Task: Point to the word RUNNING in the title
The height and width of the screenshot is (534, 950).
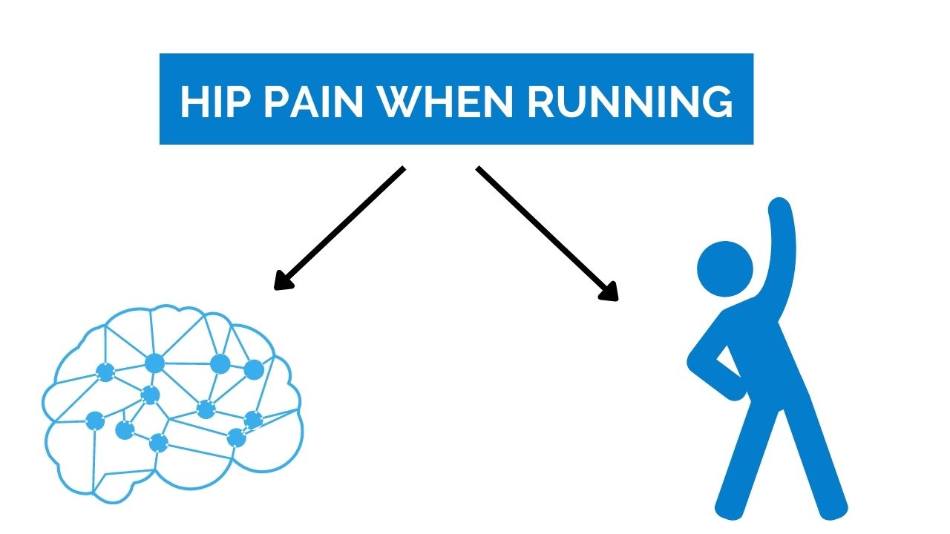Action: [x=630, y=102]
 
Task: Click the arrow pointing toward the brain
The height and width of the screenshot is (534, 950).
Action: [x=340, y=228]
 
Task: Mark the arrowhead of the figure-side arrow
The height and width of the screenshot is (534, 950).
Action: [x=611, y=294]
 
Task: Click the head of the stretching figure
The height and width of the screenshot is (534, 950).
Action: [x=725, y=268]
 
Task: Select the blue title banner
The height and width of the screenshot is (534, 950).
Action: [x=456, y=99]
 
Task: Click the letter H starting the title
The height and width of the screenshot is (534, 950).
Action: [x=192, y=102]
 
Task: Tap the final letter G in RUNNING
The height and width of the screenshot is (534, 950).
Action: [x=715, y=102]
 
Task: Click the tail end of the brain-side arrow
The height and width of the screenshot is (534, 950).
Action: [x=402, y=169]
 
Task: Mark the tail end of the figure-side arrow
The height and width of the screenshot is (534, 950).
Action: [x=479, y=168]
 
